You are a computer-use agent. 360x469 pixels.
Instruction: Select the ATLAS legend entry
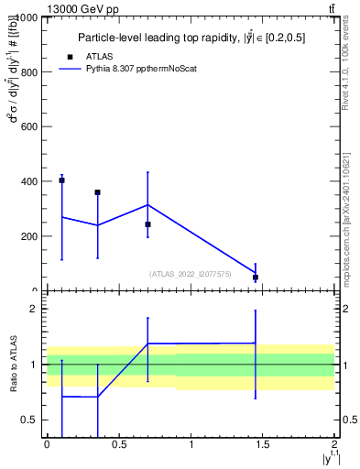(x=110, y=56)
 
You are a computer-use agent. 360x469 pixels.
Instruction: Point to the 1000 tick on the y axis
(x=27, y=17)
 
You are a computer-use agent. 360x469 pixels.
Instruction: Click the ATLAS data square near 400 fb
(x=61, y=180)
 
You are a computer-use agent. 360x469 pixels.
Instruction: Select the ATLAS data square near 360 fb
(x=97, y=192)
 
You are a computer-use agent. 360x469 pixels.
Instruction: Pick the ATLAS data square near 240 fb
(x=147, y=224)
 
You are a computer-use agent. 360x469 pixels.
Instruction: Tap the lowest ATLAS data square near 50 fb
(x=256, y=277)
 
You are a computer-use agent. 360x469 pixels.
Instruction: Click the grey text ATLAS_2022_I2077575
(x=191, y=274)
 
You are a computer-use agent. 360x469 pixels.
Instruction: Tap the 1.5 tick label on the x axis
(x=262, y=445)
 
